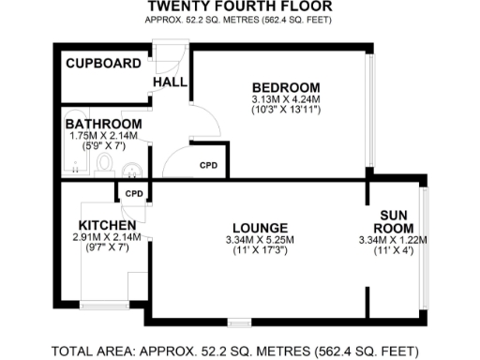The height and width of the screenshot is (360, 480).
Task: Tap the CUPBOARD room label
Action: (104, 64)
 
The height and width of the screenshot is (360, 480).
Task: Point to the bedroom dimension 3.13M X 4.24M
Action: (286, 97)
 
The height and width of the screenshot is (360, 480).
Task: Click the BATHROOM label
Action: (104, 124)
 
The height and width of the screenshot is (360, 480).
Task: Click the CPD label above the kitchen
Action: (134, 194)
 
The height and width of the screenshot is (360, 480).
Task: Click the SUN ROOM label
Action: (394, 221)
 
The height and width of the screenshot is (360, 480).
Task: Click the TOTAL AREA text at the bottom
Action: (234, 352)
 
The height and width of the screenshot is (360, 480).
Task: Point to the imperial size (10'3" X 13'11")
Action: (286, 110)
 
